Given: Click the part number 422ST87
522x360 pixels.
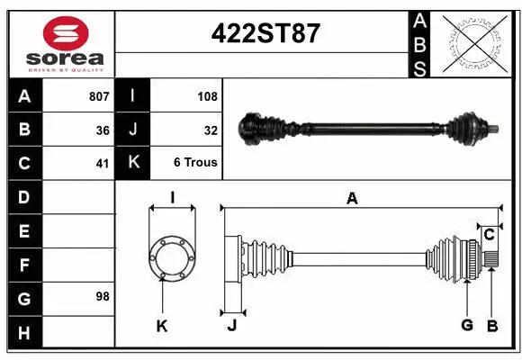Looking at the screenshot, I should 265,33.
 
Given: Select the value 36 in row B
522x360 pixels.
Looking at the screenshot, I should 103,130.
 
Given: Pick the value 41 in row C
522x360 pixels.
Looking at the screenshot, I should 103,164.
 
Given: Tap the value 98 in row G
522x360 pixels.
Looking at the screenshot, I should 103,295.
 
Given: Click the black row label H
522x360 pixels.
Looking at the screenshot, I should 23,334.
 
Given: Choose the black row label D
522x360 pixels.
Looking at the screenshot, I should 23,197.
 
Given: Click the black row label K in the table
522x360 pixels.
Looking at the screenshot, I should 133,164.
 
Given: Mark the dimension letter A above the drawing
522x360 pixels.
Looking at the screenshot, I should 352,199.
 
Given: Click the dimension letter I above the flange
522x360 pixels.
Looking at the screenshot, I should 172,198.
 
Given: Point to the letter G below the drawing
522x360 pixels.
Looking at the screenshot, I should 466,325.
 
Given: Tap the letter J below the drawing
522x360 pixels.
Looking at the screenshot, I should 231,326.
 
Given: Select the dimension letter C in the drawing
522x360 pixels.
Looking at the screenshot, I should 489,236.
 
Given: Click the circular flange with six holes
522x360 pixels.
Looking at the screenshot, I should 172,257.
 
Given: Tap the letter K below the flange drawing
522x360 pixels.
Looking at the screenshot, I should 162,326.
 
